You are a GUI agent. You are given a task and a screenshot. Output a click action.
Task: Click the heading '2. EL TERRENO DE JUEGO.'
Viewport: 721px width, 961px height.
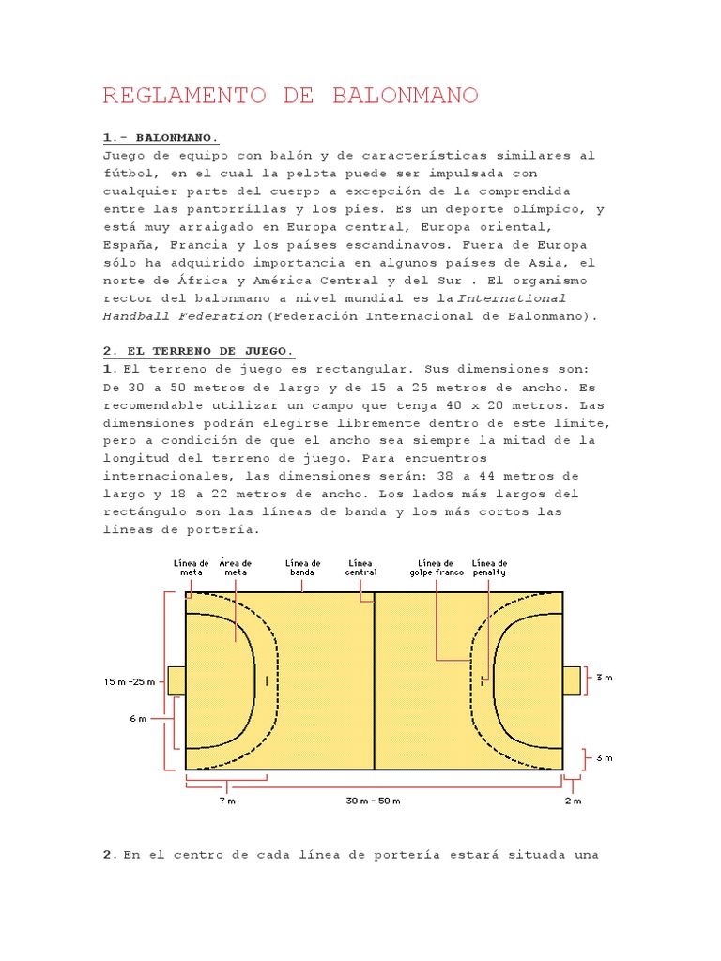click(x=198, y=351)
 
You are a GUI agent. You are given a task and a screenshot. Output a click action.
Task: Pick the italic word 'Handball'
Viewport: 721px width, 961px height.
click(x=133, y=316)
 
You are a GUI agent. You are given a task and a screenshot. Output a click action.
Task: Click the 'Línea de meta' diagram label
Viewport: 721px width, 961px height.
click(x=192, y=567)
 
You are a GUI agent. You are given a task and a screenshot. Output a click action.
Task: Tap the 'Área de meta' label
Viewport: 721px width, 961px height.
click(x=235, y=567)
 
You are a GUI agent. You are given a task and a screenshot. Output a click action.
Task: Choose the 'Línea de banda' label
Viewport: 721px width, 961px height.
click(x=302, y=567)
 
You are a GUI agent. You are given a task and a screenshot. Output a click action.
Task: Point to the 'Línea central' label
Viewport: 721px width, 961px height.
click(x=361, y=567)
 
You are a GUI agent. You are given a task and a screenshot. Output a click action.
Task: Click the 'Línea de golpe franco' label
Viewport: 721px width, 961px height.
click(x=437, y=567)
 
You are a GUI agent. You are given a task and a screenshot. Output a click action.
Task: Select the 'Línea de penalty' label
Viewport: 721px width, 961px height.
click(x=489, y=567)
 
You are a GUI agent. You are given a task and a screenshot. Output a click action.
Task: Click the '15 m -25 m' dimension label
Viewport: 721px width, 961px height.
click(x=129, y=682)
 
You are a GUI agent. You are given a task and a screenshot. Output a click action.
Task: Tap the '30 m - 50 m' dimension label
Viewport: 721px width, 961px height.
click(x=374, y=801)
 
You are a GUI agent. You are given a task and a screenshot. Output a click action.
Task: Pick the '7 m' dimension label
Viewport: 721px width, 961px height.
click(x=227, y=801)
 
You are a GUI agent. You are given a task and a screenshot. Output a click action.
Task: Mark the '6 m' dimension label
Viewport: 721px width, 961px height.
click(x=138, y=718)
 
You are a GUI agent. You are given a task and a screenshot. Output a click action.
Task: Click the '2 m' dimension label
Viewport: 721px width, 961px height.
click(x=573, y=801)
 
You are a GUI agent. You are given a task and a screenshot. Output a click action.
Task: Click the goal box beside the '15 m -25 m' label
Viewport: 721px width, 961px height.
click(x=176, y=680)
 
